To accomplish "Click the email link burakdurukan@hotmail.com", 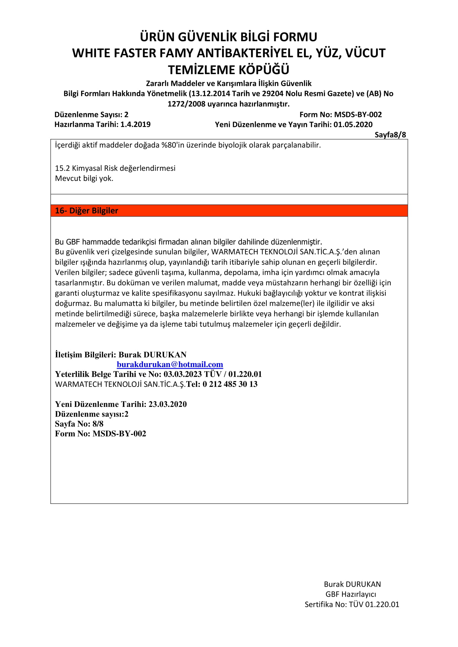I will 170,364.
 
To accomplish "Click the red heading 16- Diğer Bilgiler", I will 86,211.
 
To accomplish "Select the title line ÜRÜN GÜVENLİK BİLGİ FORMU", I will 229,37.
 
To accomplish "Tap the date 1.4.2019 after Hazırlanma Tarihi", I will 135,124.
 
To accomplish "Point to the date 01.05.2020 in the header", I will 353,124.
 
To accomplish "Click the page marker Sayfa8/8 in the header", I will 390,135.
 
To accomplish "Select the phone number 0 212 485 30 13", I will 230,384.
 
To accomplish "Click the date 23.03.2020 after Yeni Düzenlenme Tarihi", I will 167,404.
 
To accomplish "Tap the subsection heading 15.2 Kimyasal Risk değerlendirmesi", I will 115,168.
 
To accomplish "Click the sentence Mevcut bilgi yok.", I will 84,178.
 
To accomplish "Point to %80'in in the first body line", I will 173,145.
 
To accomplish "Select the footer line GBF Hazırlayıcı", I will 351,594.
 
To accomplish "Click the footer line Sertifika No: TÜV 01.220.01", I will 352,604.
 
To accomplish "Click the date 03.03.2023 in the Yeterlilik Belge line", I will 182,374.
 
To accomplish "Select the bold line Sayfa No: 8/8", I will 79,424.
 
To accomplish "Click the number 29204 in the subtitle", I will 272,93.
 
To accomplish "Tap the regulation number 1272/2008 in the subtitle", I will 187,104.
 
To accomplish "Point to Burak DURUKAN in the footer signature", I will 352,584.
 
